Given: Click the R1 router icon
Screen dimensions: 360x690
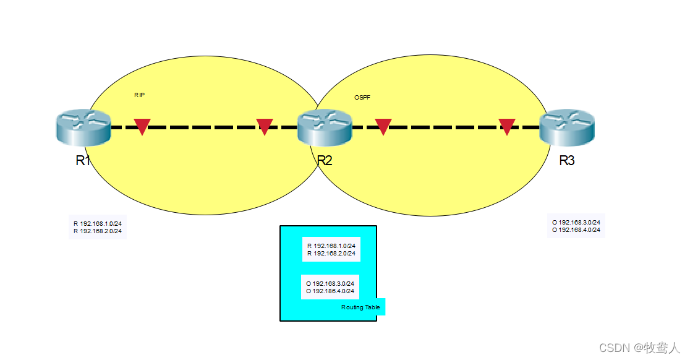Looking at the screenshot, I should [82, 127].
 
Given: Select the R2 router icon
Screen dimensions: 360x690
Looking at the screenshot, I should [325, 127].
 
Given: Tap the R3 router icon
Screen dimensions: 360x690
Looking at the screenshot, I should [566, 127].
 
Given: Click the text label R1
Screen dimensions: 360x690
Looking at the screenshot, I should [83, 161].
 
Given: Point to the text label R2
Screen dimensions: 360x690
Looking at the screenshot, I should [325, 161].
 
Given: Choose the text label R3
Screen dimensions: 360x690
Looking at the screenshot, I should [567, 161].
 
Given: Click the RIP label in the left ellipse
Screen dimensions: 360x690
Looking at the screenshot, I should [139, 95].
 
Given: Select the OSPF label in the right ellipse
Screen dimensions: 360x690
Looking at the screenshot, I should [362, 98].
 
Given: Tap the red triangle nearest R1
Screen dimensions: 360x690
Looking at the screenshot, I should [142, 126].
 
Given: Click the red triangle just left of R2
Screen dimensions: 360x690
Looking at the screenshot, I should [265, 126].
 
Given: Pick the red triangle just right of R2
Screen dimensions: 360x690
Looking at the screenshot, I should [383, 126].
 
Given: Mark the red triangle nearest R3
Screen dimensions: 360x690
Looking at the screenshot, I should [507, 126].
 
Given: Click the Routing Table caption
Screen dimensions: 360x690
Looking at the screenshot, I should [360, 307].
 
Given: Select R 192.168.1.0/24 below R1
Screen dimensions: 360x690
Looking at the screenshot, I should [98, 223].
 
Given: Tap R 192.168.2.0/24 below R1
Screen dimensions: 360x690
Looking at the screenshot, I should [98, 231].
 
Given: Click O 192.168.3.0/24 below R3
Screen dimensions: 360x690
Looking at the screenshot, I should [576, 222].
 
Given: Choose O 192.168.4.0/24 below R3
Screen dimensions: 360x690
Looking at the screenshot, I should [576, 230].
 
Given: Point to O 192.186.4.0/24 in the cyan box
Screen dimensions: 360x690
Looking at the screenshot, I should [330, 291].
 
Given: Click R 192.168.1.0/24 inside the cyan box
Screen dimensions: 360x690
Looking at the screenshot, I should [331, 246].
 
